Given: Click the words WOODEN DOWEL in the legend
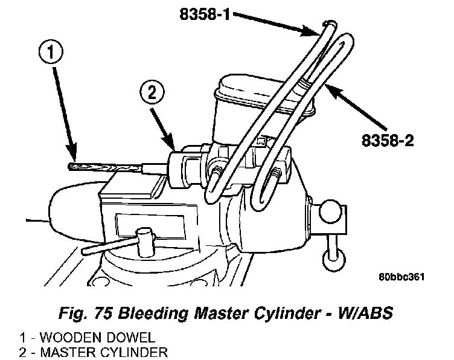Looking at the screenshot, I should point(91,337).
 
